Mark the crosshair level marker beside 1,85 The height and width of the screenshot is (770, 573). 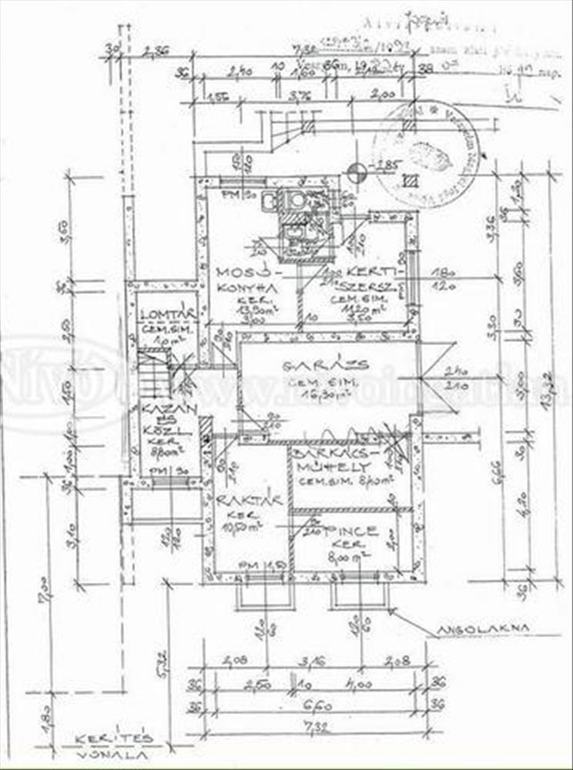click(x=356, y=172)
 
